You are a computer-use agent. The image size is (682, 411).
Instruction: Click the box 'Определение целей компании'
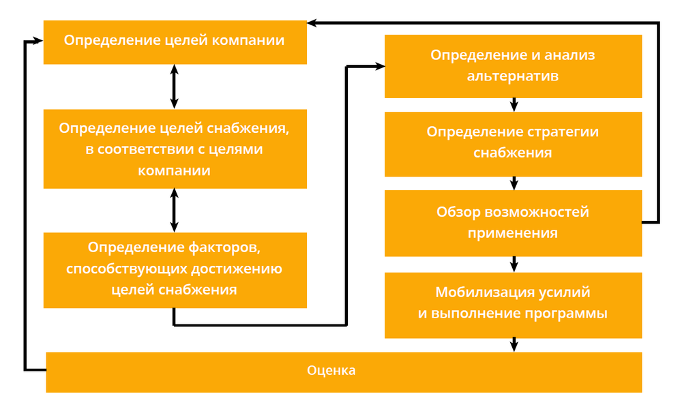tap(175, 42)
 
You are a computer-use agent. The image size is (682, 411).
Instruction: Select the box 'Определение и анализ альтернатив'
tap(513, 65)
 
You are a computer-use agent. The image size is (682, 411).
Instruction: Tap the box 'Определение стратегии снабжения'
tap(513, 144)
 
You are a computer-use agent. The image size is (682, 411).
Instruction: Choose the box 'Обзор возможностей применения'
tap(513, 223)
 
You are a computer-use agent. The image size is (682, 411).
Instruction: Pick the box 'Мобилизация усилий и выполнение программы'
tap(513, 305)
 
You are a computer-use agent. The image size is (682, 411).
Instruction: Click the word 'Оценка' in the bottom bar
tap(331, 371)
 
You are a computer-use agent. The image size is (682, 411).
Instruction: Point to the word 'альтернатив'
tap(513, 76)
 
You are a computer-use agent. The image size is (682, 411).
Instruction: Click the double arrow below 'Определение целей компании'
tap(175, 87)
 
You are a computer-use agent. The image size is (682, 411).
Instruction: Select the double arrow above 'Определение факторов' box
tap(175, 210)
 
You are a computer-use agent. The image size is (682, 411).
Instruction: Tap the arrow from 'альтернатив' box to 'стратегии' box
tap(515, 105)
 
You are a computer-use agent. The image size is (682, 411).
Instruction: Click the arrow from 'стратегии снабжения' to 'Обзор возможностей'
tap(515, 183)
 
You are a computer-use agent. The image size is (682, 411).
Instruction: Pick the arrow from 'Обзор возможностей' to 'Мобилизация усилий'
tap(515, 264)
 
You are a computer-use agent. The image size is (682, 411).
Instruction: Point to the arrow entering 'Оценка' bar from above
tap(515, 345)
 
